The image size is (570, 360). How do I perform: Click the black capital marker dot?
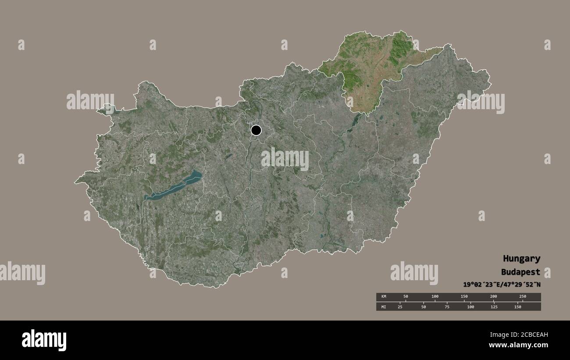pyautogui.click(x=256, y=130)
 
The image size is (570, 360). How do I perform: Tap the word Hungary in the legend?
pyautogui.click(x=521, y=259)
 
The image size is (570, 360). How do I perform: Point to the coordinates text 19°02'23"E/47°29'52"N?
pyautogui.click(x=502, y=285)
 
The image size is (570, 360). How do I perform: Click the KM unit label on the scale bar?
pyautogui.click(x=384, y=297)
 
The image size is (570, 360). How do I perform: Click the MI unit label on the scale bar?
pyautogui.click(x=384, y=307)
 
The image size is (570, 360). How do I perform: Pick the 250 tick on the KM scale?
pyautogui.click(x=522, y=297)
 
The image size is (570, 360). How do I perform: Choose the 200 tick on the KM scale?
pyautogui.click(x=493, y=297)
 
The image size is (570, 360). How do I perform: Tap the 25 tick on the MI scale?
pyautogui.click(x=400, y=307)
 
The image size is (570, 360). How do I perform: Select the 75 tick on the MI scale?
pyautogui.click(x=447, y=307)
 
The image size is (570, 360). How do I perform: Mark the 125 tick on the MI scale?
pyautogui.click(x=494, y=307)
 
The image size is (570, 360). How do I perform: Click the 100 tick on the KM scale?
pyautogui.click(x=435, y=297)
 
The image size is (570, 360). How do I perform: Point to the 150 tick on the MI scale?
pyautogui.click(x=517, y=307)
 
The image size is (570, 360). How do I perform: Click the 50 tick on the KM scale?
pyautogui.click(x=406, y=297)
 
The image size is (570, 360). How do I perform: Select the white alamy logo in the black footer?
pyautogui.click(x=44, y=340)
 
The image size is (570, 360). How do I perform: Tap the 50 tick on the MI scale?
pyautogui.click(x=424, y=307)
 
